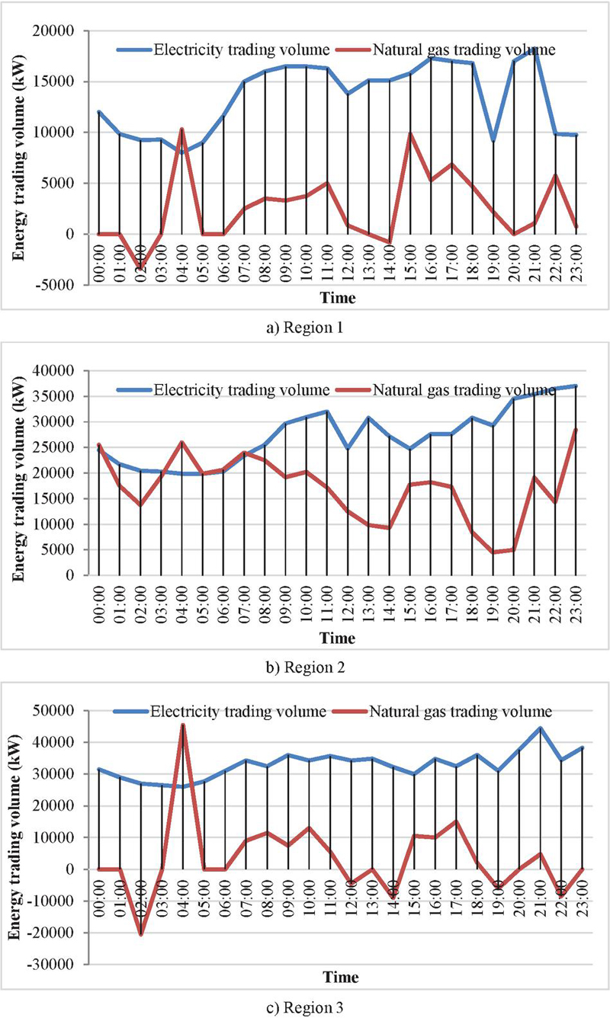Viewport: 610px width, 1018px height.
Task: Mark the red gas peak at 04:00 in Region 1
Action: click(x=181, y=130)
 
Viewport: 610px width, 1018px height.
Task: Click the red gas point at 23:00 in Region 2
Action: click(x=576, y=430)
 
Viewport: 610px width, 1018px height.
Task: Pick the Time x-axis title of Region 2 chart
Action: click(x=337, y=636)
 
